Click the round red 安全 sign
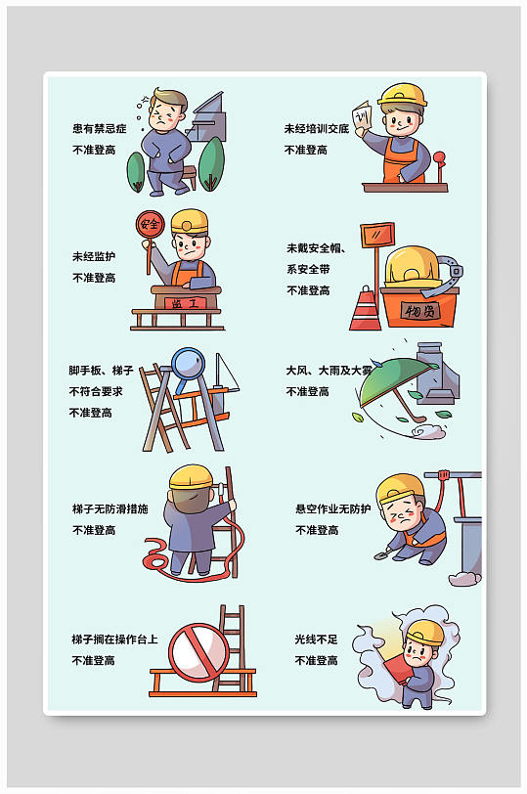pyautogui.click(x=150, y=224)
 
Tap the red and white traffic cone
pyautogui.click(x=365, y=308)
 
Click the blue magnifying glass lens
pyautogui.click(x=188, y=364)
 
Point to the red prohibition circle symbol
pyautogui.click(x=198, y=651)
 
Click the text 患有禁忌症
pyautogui.click(x=99, y=129)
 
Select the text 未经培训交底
pyautogui.click(x=317, y=129)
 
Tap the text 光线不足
pyautogui.click(x=317, y=640)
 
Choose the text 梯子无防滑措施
pyautogui.click(x=110, y=508)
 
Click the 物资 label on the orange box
pyautogui.click(x=420, y=310)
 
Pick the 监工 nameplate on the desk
pyautogui.click(x=186, y=303)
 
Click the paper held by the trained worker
pyautogui.click(x=363, y=117)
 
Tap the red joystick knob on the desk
pyautogui.click(x=439, y=158)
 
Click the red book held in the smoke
pyautogui.click(x=398, y=669)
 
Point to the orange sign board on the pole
pyautogui.click(x=377, y=236)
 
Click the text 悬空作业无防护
pyautogui.click(x=333, y=508)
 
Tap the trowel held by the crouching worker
pyautogui.click(x=382, y=555)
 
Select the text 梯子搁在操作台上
pyautogui.click(x=114, y=640)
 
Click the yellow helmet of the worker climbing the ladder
pyautogui.click(x=191, y=477)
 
